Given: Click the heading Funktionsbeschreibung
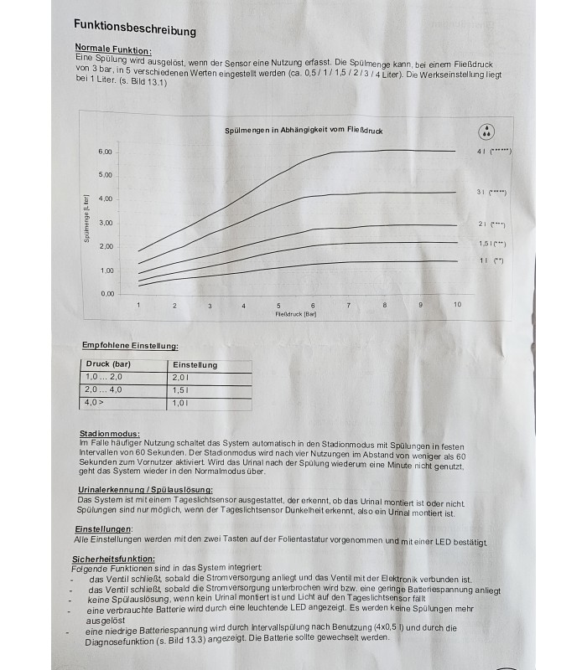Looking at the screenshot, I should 135,28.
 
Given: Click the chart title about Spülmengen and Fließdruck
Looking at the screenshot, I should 304,131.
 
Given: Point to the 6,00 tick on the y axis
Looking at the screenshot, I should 106,152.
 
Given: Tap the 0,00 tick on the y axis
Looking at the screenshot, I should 107,294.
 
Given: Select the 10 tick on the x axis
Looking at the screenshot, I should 457,304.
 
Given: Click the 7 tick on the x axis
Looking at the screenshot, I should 348,305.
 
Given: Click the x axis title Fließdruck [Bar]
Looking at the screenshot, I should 295,314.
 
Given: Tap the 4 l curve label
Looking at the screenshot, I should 494,152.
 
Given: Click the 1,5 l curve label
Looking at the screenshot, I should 492,244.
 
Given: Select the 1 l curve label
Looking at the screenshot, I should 491,261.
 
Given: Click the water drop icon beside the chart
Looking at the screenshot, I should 487,131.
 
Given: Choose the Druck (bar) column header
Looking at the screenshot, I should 110,364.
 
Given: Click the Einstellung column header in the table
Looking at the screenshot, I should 195,365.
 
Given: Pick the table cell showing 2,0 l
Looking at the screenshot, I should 182,378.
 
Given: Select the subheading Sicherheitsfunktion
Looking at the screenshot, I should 114,559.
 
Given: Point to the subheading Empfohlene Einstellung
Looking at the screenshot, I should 130,345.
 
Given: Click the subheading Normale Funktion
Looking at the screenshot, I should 113,49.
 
